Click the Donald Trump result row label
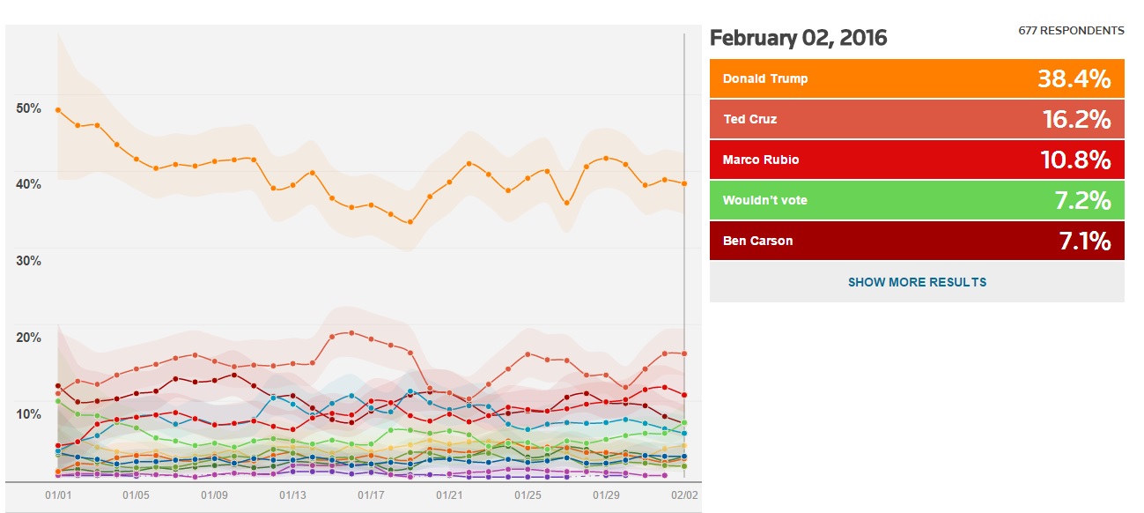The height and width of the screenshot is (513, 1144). [x=764, y=78]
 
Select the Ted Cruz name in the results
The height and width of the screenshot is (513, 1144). [x=749, y=119]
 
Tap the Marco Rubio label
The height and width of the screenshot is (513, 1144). [x=761, y=160]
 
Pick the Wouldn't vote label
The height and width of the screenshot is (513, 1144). [x=764, y=200]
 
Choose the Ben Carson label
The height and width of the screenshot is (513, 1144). [x=757, y=241]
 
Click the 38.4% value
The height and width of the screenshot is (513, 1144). [x=1074, y=79]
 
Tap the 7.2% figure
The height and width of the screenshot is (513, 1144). [x=1082, y=201]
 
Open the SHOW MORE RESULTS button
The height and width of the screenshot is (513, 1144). [x=917, y=282]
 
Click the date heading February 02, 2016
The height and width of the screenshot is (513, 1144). [x=798, y=38]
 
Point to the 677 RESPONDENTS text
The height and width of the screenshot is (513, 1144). [x=1071, y=31]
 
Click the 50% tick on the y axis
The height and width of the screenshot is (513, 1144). [x=29, y=108]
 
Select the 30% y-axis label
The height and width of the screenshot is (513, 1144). [x=29, y=261]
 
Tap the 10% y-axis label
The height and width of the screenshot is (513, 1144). [x=29, y=414]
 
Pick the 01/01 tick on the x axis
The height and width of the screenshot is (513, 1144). [x=58, y=495]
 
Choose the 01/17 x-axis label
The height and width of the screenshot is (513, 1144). [x=371, y=495]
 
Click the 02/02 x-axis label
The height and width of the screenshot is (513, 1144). [x=684, y=495]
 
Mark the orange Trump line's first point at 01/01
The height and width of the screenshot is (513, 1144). [x=58, y=109]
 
